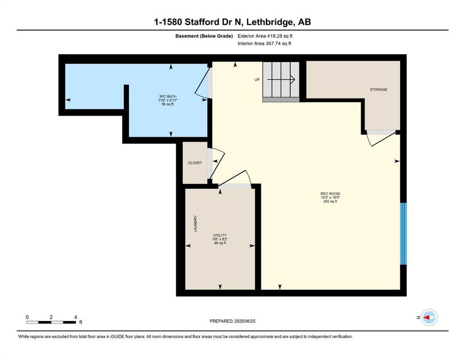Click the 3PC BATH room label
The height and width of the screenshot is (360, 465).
tap(168, 97)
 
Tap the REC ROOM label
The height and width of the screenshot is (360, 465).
tap(330, 194)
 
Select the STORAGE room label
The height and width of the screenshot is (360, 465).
tap(378, 90)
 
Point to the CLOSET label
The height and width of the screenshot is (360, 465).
tap(195, 163)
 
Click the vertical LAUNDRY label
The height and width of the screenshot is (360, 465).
tap(195, 224)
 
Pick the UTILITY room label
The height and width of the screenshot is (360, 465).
tap(220, 235)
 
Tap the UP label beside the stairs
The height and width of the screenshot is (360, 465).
tap(257, 80)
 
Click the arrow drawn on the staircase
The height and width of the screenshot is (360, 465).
tap(281, 80)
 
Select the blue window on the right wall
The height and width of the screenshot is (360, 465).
tap(403, 233)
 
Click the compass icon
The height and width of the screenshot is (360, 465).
tap(429, 317)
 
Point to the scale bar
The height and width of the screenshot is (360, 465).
tap(51, 322)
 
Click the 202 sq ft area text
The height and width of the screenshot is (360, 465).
tap(330, 201)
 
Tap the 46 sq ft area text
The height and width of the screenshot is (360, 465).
tap(220, 243)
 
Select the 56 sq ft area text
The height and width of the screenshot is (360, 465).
tap(168, 104)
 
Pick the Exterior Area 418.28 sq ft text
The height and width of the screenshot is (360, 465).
tap(265, 36)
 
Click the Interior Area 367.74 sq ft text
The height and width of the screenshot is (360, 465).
tap(264, 43)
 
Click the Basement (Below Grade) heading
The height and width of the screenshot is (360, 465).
tap(204, 36)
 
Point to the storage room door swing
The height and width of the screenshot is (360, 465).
tap(381, 138)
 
